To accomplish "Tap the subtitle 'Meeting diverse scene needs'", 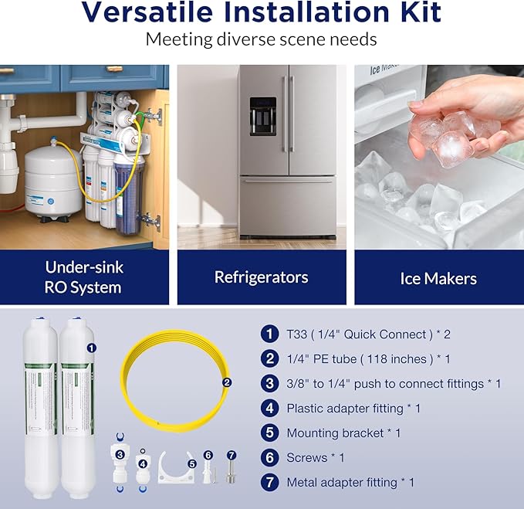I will [x=262, y=39].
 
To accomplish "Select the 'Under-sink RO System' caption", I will [x=83, y=277].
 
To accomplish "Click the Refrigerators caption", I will [x=261, y=277].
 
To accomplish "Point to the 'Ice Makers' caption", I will [x=438, y=277].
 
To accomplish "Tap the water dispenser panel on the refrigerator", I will [x=262, y=116].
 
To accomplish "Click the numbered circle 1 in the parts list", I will [x=269, y=334].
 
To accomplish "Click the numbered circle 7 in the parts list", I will [x=269, y=482].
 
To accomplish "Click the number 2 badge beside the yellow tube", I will [x=227, y=382].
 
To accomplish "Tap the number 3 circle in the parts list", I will [x=269, y=383].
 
